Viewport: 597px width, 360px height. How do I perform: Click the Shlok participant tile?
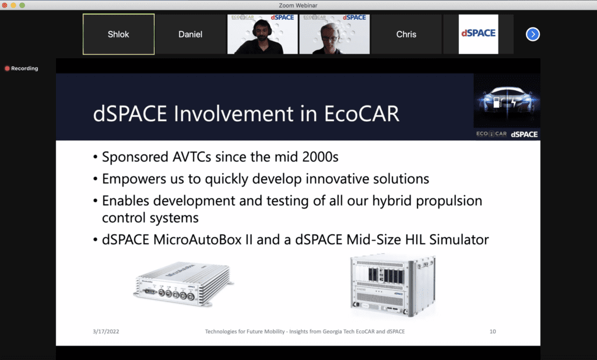[x=118, y=34]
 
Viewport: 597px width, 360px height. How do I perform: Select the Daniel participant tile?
[x=190, y=34]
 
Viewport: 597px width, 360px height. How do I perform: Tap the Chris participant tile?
[x=406, y=34]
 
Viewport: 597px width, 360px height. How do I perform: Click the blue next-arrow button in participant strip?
[x=532, y=34]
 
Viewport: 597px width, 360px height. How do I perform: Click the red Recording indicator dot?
[x=7, y=69]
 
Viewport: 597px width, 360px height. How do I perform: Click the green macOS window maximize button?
[x=23, y=5]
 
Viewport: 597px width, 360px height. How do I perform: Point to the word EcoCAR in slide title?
[x=363, y=113]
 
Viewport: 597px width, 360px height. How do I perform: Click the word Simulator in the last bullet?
[x=459, y=239]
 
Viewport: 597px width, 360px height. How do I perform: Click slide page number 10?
[x=493, y=331]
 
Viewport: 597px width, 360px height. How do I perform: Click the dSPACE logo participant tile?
[x=478, y=34]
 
